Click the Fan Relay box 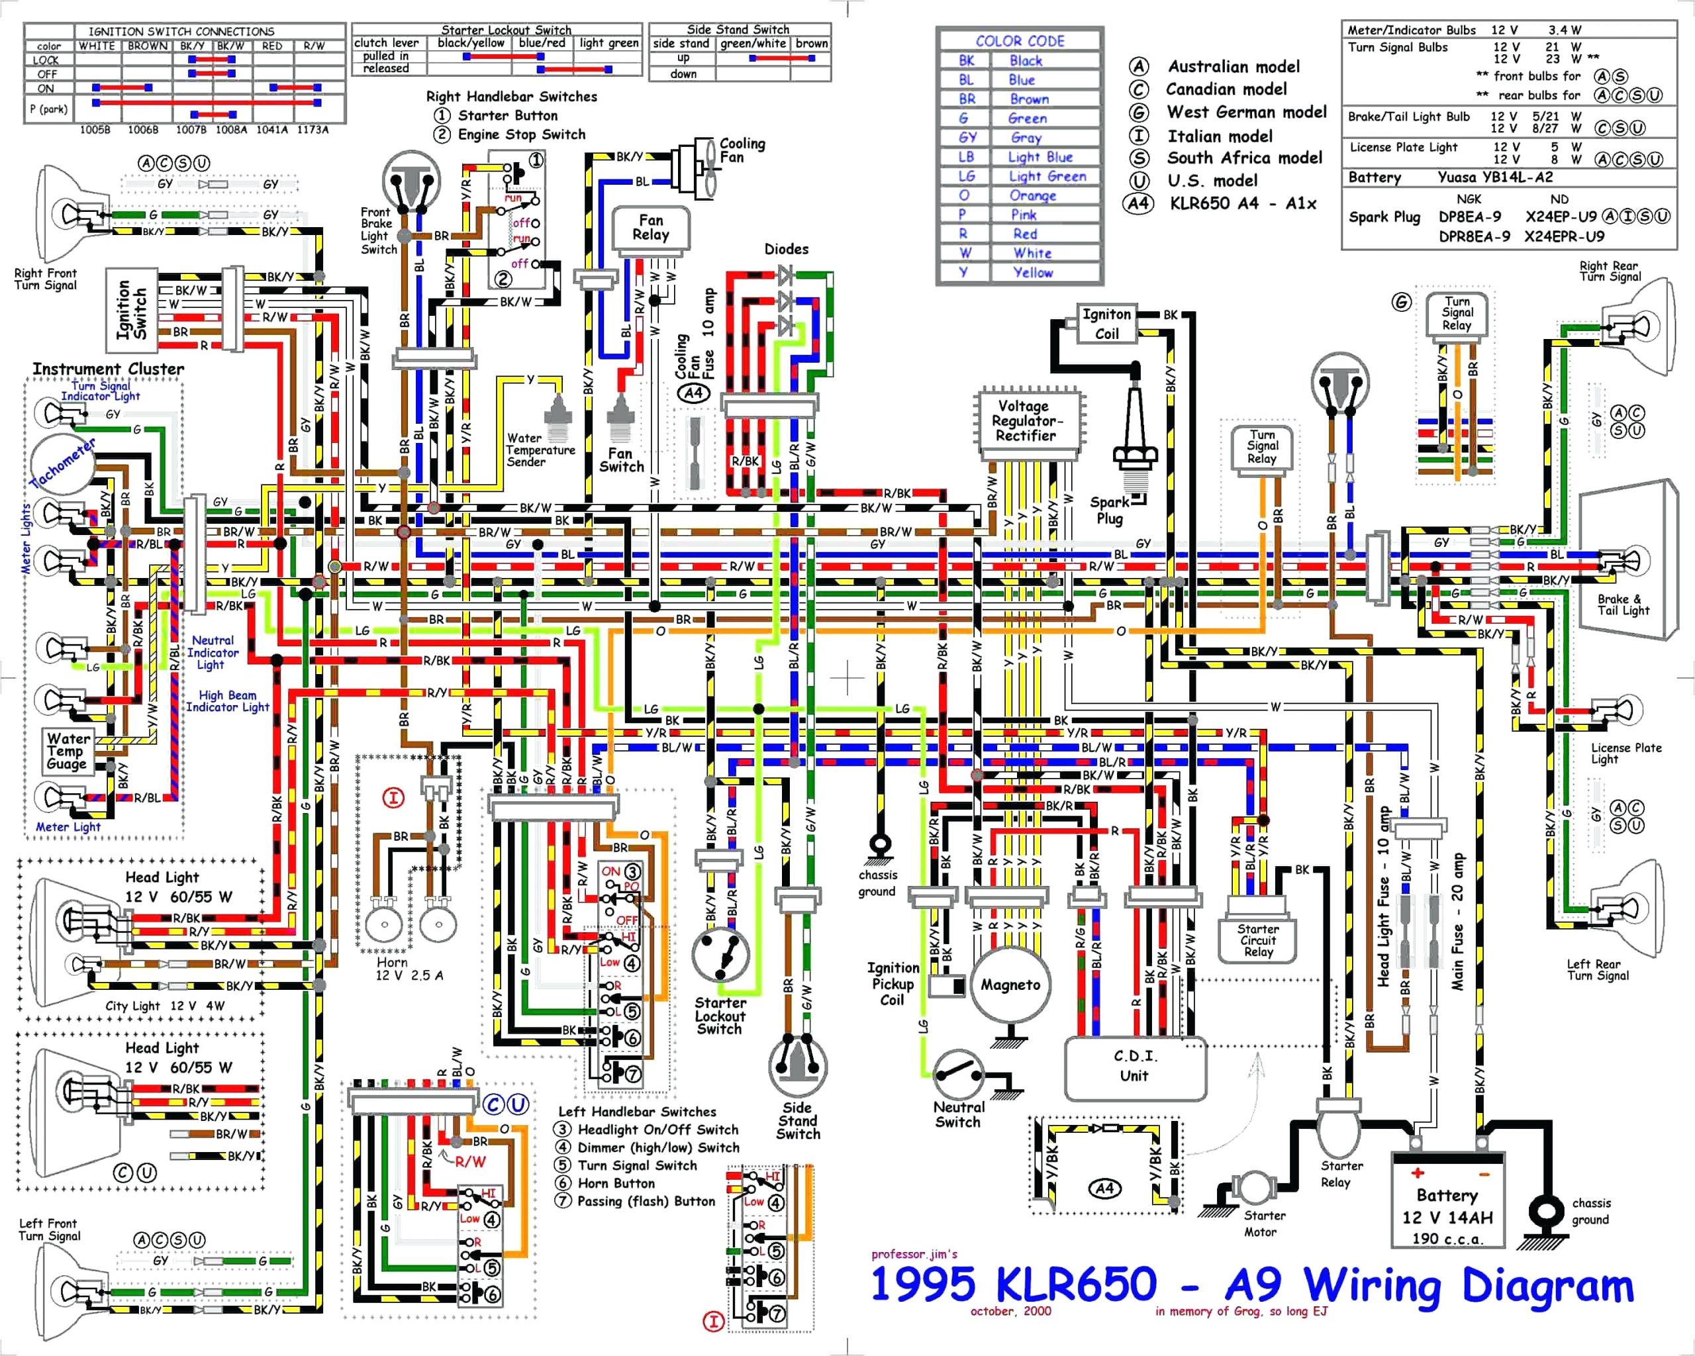click(650, 228)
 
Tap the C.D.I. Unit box click(1134, 1067)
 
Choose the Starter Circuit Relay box click(1257, 940)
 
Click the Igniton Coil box click(1106, 324)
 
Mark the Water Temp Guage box click(68, 751)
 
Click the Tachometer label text click(63, 461)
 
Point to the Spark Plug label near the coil click(1109, 510)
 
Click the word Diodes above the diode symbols click(786, 249)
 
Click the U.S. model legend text click(1212, 181)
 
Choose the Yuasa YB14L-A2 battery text click(1494, 177)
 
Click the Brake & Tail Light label click(1623, 604)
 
